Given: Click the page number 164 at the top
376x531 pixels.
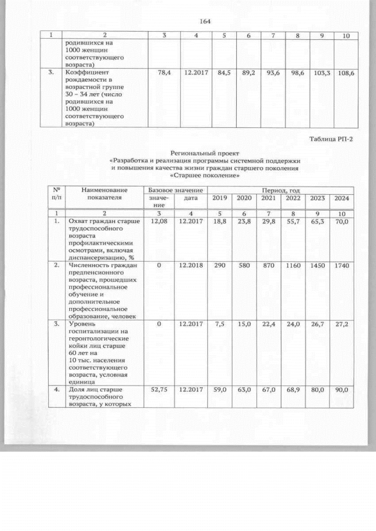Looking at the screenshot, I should [x=204, y=22].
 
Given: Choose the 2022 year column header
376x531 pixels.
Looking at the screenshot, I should [x=293, y=198].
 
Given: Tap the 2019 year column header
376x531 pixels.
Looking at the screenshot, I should [x=220, y=198].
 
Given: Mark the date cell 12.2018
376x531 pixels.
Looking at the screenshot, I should [x=193, y=266].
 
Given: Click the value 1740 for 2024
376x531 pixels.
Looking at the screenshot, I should [x=341, y=266].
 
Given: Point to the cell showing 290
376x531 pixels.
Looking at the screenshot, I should [x=220, y=266].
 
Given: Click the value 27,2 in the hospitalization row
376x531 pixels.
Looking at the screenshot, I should [x=341, y=324].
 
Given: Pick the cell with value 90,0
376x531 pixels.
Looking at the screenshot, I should [x=341, y=389].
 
